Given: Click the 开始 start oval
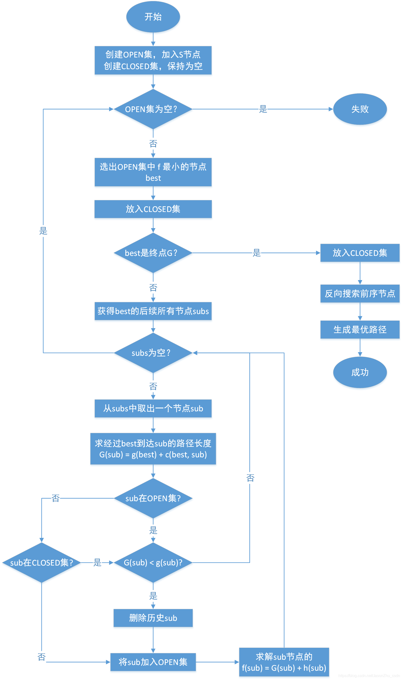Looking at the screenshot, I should [153, 17].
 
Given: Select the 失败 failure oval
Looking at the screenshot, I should [360, 109].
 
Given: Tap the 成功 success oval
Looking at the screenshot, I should [360, 372].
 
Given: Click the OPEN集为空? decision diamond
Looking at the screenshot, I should [153, 109].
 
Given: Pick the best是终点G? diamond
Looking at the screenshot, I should [153, 253].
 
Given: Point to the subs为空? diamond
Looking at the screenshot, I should [153, 353].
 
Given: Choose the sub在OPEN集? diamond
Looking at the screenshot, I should [153, 498].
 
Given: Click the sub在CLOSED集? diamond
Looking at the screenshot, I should [41, 563].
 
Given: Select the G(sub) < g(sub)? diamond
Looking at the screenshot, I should [153, 563].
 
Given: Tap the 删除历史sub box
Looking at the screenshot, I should [153, 618].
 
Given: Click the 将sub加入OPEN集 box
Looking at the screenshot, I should [153, 662].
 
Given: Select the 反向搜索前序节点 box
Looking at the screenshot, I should [360, 293].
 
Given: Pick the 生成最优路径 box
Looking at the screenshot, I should [360, 330].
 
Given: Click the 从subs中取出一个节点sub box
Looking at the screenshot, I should [153, 408].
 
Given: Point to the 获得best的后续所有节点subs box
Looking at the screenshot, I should [153, 311].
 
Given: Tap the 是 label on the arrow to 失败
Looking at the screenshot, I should [263, 109].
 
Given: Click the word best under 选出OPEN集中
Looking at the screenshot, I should [153, 178].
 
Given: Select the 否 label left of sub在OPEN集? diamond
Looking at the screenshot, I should [55, 498].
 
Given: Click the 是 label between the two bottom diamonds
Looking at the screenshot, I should [97, 563].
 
